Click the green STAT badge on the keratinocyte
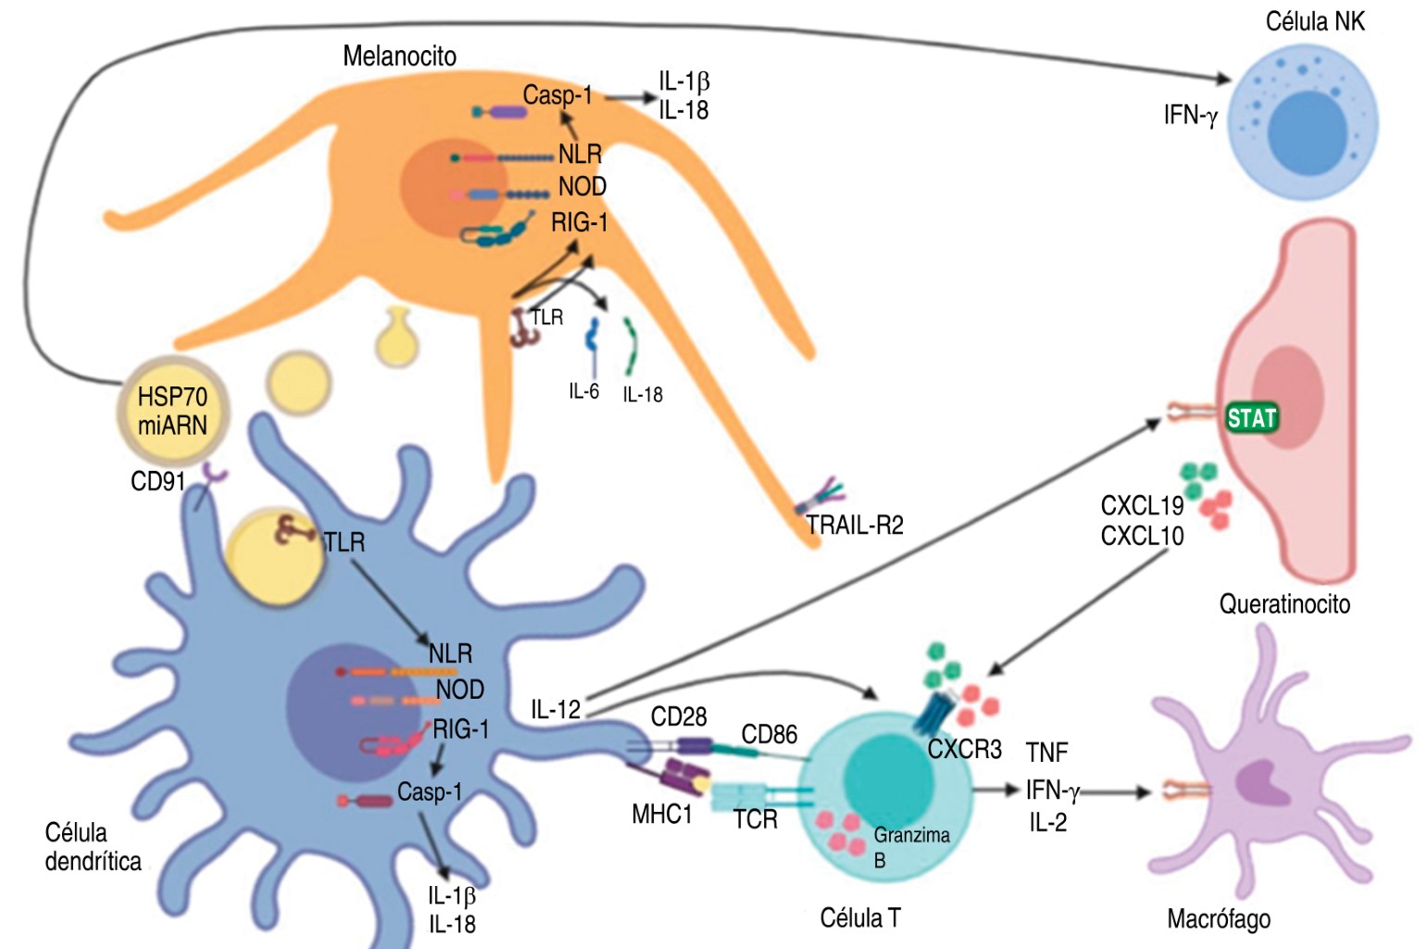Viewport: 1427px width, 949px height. (1252, 419)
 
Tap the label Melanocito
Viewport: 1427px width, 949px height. (399, 57)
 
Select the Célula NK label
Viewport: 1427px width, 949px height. (1314, 21)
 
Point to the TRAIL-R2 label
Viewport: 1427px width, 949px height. (854, 525)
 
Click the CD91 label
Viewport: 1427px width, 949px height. (157, 481)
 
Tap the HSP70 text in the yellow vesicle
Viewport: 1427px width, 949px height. (172, 398)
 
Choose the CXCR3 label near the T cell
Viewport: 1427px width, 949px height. (964, 750)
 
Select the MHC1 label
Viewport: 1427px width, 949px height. (661, 815)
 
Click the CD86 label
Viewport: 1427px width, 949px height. (769, 735)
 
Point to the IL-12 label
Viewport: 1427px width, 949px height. (556, 710)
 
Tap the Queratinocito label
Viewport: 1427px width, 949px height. (1284, 604)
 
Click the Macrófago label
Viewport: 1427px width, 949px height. (1219, 919)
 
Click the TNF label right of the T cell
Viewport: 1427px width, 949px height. (1046, 753)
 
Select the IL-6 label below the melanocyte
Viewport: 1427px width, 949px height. (583, 392)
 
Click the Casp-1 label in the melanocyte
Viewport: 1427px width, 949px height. (557, 95)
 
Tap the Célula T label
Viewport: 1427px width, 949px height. (860, 918)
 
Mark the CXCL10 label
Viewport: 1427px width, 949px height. (1142, 536)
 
